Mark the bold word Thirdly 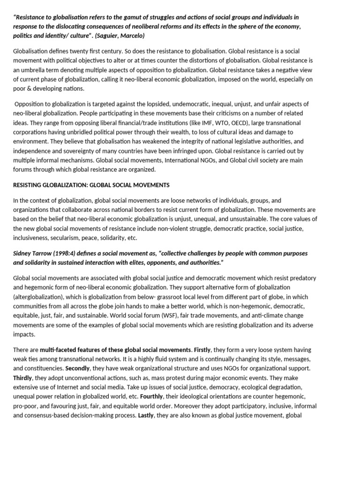(22, 378)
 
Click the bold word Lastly (146, 415)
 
